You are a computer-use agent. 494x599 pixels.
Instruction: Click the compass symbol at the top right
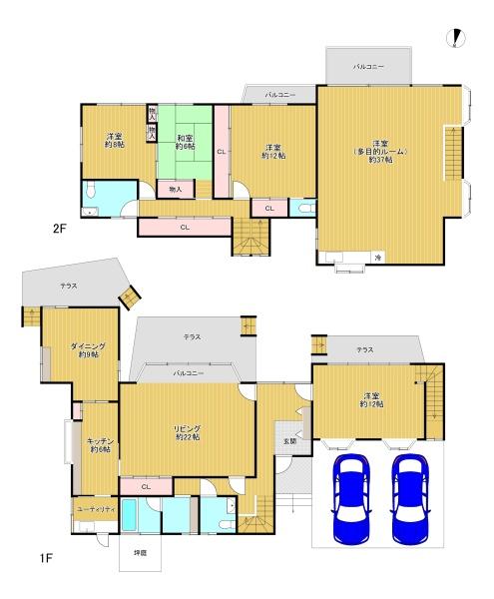(457, 38)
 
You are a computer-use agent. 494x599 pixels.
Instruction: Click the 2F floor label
(59, 229)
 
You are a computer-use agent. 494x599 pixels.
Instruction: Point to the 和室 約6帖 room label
(186, 143)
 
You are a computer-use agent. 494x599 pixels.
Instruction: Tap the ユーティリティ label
(96, 509)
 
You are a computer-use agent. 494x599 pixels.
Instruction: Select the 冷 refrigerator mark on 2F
(378, 258)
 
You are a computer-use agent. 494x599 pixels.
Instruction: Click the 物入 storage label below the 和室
(175, 188)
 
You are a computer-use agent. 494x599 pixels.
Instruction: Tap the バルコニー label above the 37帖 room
(368, 67)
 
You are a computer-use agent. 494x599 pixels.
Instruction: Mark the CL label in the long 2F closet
(185, 228)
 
